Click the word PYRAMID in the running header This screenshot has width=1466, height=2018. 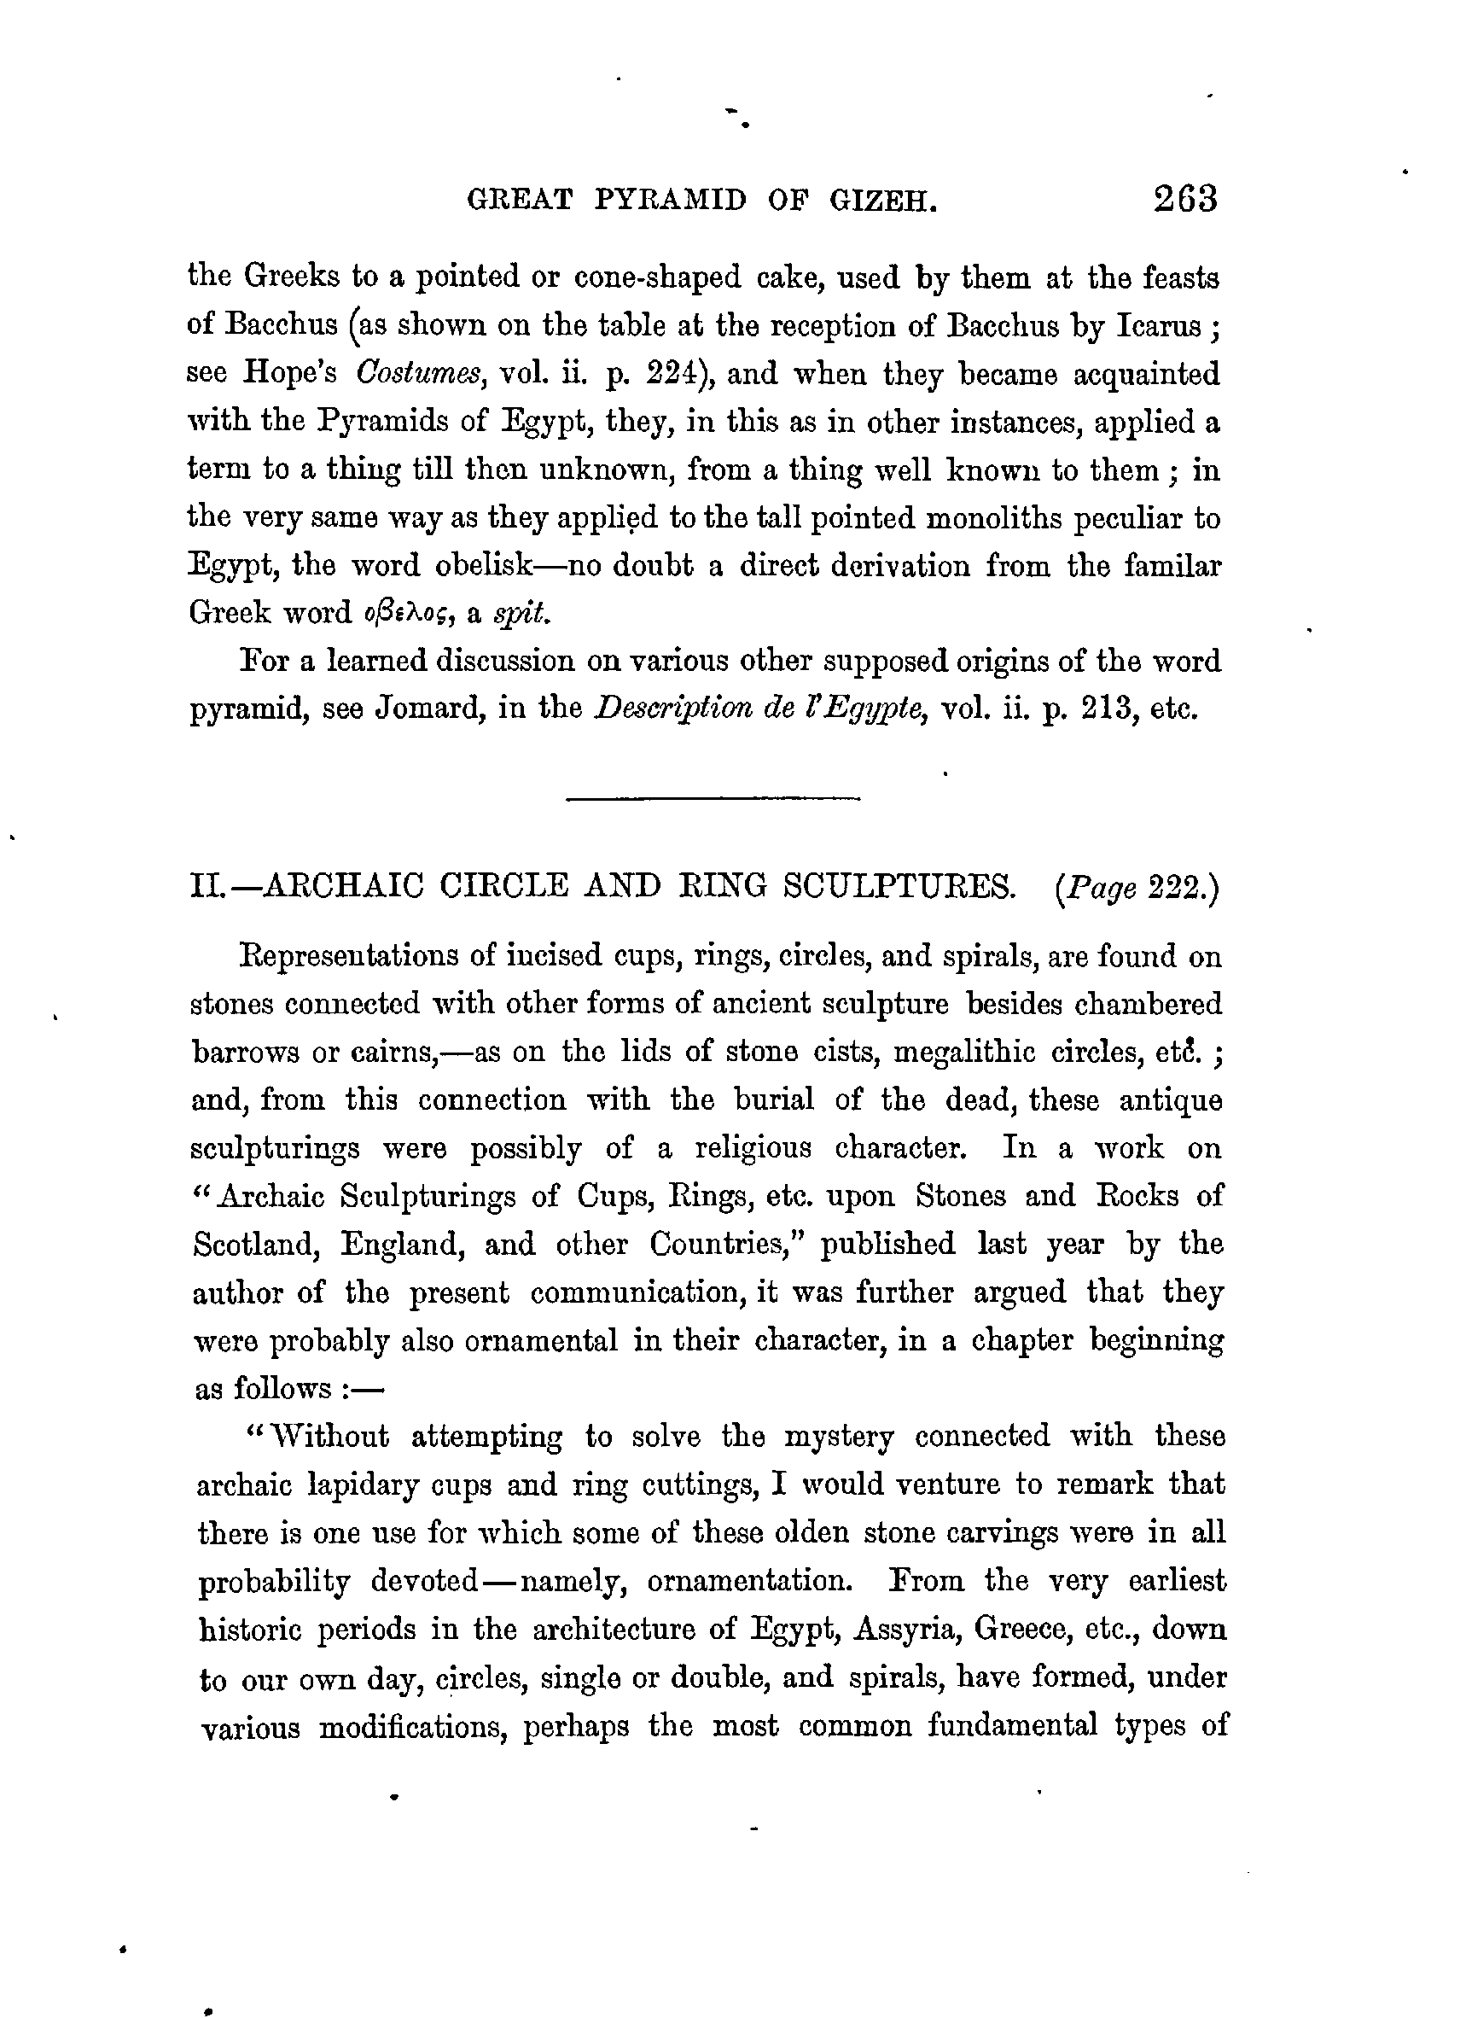670,201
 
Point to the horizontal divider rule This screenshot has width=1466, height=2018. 713,798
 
